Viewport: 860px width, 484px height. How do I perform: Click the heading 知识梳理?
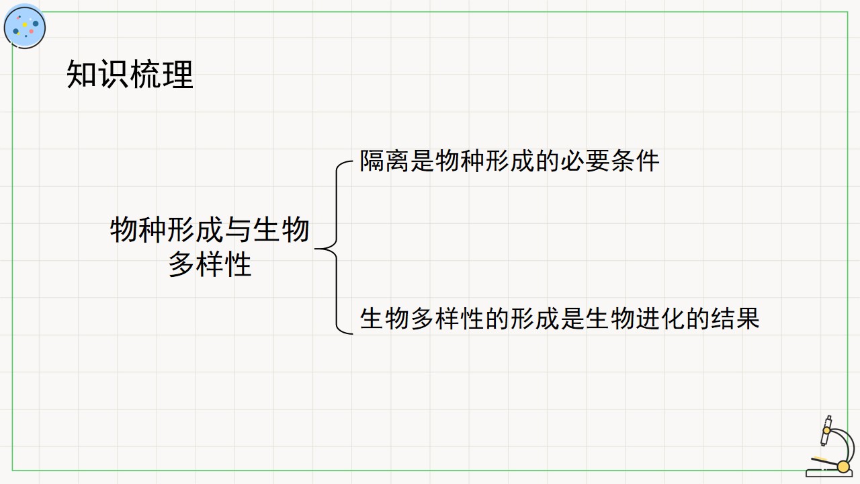(x=130, y=74)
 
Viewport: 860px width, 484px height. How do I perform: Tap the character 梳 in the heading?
(x=146, y=74)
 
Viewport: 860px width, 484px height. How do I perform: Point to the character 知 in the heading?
(x=82, y=74)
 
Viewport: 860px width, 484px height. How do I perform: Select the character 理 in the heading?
(x=178, y=74)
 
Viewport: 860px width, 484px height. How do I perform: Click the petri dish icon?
(x=25, y=26)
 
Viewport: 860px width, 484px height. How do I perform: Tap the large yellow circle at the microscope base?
(x=843, y=467)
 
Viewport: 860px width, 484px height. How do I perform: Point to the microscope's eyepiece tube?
(x=826, y=430)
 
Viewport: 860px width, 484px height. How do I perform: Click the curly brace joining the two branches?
(x=337, y=248)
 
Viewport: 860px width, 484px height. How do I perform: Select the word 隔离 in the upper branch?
(x=384, y=161)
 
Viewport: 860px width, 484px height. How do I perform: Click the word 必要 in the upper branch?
(x=585, y=161)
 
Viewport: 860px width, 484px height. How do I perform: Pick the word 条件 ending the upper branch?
(x=635, y=161)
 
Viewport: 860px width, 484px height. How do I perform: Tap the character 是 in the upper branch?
(x=422, y=161)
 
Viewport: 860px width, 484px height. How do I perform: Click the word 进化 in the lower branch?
(x=660, y=319)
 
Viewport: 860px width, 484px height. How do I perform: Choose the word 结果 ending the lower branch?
(x=735, y=319)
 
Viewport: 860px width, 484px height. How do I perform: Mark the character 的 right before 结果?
(x=698, y=319)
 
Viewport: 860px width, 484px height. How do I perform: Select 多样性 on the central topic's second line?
(x=210, y=264)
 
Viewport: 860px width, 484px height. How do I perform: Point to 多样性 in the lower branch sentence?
(x=447, y=319)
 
